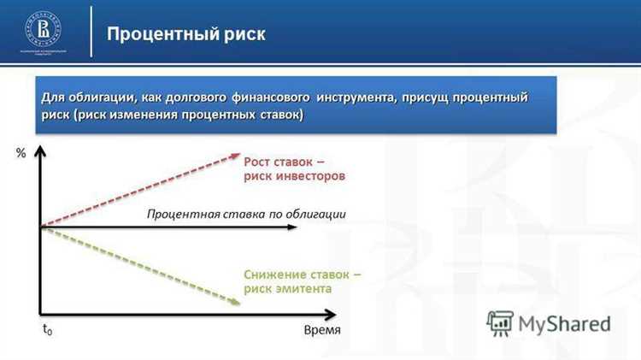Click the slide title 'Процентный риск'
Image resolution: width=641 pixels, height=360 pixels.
(x=185, y=34)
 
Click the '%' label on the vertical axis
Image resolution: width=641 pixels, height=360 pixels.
(x=20, y=154)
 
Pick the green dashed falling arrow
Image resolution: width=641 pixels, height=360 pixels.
(x=141, y=264)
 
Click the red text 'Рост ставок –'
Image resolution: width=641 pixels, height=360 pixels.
(x=284, y=162)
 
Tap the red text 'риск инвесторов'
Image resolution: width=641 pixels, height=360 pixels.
(x=294, y=177)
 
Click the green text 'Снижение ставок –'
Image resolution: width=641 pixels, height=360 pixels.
(x=302, y=274)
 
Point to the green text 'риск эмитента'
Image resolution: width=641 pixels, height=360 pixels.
(x=287, y=290)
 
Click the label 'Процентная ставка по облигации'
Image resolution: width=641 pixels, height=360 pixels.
(x=246, y=214)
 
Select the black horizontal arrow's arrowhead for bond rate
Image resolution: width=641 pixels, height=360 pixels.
(x=293, y=227)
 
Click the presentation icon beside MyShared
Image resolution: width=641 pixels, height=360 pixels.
(x=500, y=323)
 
